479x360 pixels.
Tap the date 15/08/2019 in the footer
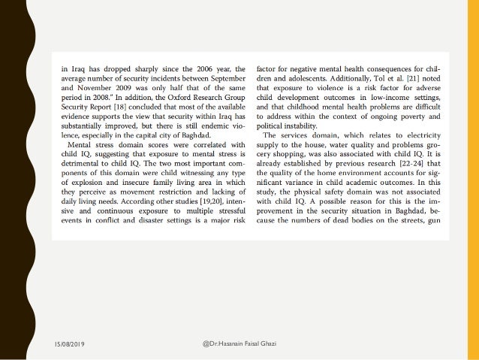tap(70, 344)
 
